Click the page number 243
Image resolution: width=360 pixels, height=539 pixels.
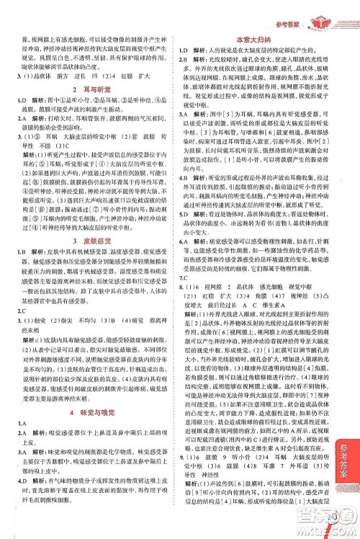click(x=351, y=514)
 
